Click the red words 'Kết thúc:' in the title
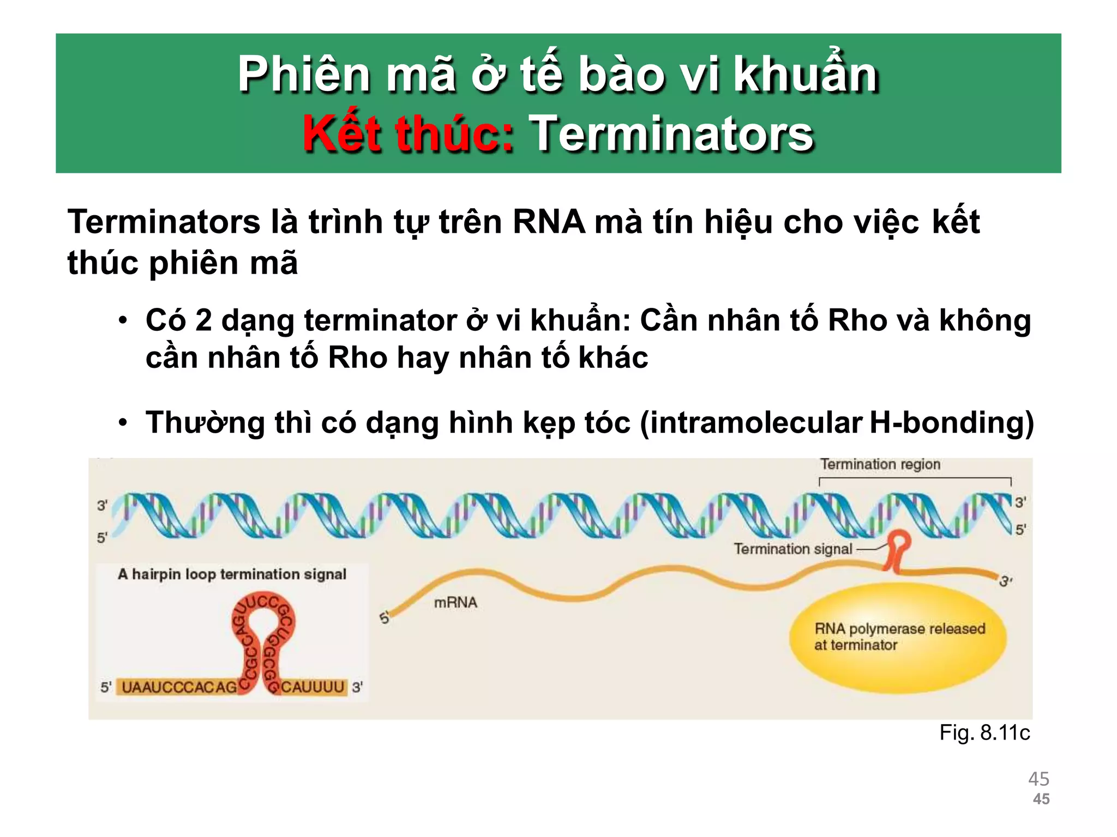pyautogui.click(x=408, y=134)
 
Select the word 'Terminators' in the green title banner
pyautogui.click(x=671, y=134)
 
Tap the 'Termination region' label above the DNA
pyautogui.click(x=880, y=464)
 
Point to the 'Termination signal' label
pyautogui.click(x=792, y=549)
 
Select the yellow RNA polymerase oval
pyautogui.click(x=898, y=637)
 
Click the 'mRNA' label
pyautogui.click(x=455, y=602)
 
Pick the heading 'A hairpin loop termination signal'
pyautogui.click(x=232, y=574)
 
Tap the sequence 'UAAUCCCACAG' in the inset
pyautogui.click(x=179, y=687)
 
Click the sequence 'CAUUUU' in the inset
pyautogui.click(x=313, y=687)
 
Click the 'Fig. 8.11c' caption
pyautogui.click(x=984, y=733)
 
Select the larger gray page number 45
pyautogui.click(x=1038, y=779)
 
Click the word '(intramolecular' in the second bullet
pyautogui.click(x=750, y=423)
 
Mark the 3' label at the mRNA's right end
pyautogui.click(x=1005, y=581)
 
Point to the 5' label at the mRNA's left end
pyautogui.click(x=385, y=618)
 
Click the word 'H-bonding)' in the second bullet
pyautogui.click(x=951, y=423)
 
